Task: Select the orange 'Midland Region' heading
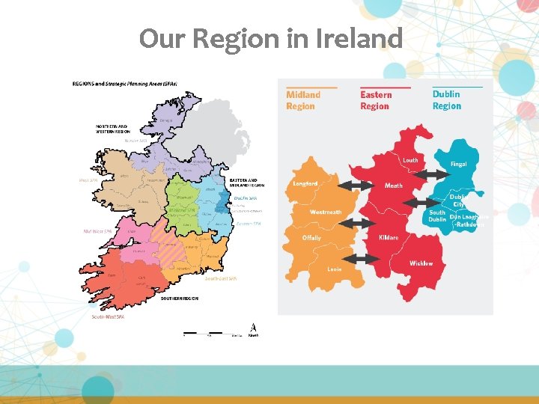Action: (x=303, y=100)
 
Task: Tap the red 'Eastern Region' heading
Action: (x=375, y=100)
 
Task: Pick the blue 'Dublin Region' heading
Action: (x=447, y=100)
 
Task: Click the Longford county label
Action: (x=305, y=183)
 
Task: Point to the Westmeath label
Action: (x=326, y=212)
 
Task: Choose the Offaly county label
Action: (x=311, y=238)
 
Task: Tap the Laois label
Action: (x=335, y=269)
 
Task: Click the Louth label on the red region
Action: (x=411, y=160)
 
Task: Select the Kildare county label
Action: (x=389, y=238)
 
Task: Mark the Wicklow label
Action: (x=421, y=263)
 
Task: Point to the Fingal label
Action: (x=458, y=165)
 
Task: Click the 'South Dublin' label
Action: (x=437, y=215)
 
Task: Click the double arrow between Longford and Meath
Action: (x=356, y=185)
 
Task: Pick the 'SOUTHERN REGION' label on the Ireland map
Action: (x=180, y=298)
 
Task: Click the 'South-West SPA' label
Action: (x=108, y=316)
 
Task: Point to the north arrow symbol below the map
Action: (x=254, y=329)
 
